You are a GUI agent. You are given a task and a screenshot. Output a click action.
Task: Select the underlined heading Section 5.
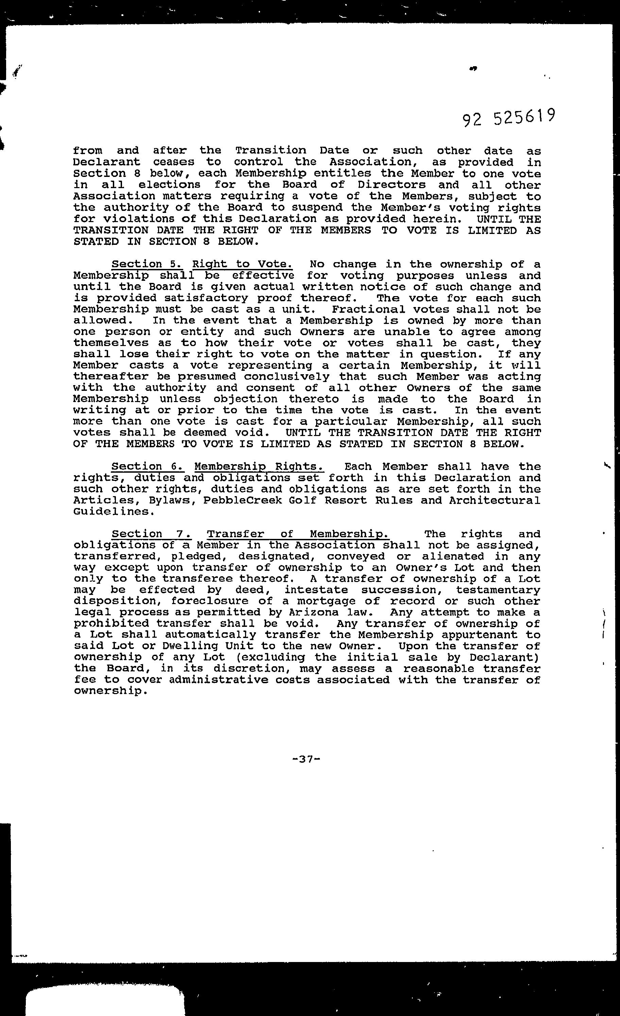click(147, 264)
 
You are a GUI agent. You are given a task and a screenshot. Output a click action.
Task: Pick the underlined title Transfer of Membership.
click(298, 534)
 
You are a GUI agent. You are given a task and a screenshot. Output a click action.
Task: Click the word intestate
click(316, 590)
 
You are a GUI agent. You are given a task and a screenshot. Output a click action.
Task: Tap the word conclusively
click(287, 377)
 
